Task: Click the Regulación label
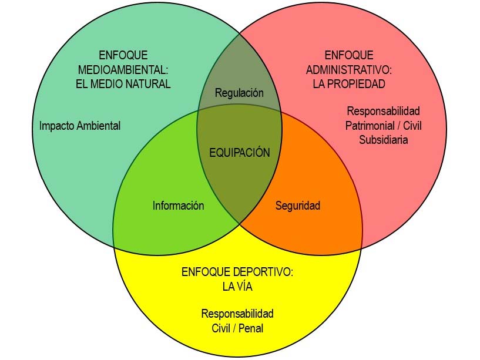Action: pyautogui.click(x=239, y=93)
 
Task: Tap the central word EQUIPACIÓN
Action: pyautogui.click(x=240, y=153)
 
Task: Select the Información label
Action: pyautogui.click(x=178, y=206)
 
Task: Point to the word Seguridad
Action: pyautogui.click(x=298, y=206)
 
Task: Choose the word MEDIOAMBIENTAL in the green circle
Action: pyautogui.click(x=123, y=70)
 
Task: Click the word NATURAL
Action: pyautogui.click(x=148, y=83)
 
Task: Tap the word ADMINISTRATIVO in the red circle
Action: pyautogui.click(x=348, y=70)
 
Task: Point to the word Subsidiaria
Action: pyautogui.click(x=383, y=140)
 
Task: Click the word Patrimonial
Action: pyautogui.click(x=368, y=126)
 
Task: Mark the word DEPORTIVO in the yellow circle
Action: pyautogui.click(x=263, y=272)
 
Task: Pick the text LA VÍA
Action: pyautogui.click(x=237, y=287)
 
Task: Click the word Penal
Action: pyautogui.click(x=251, y=328)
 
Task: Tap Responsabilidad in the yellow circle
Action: pyautogui.click(x=237, y=314)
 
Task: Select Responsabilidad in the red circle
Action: pyautogui.click(x=383, y=111)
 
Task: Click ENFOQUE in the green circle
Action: pyautogui.click(x=123, y=56)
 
